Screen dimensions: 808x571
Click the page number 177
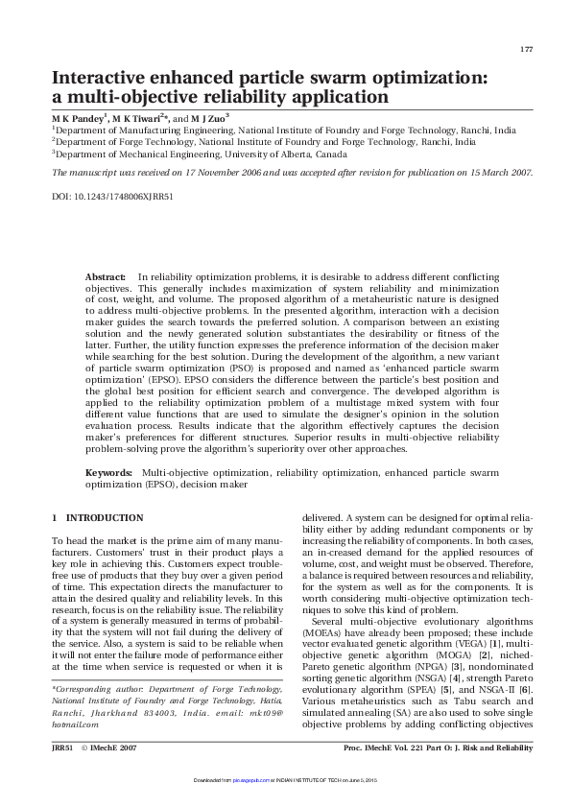tap(526, 49)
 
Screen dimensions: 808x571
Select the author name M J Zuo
tap(207, 115)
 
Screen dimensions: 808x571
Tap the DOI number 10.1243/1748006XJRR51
tap(110, 195)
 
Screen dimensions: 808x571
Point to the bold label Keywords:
tap(108, 473)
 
